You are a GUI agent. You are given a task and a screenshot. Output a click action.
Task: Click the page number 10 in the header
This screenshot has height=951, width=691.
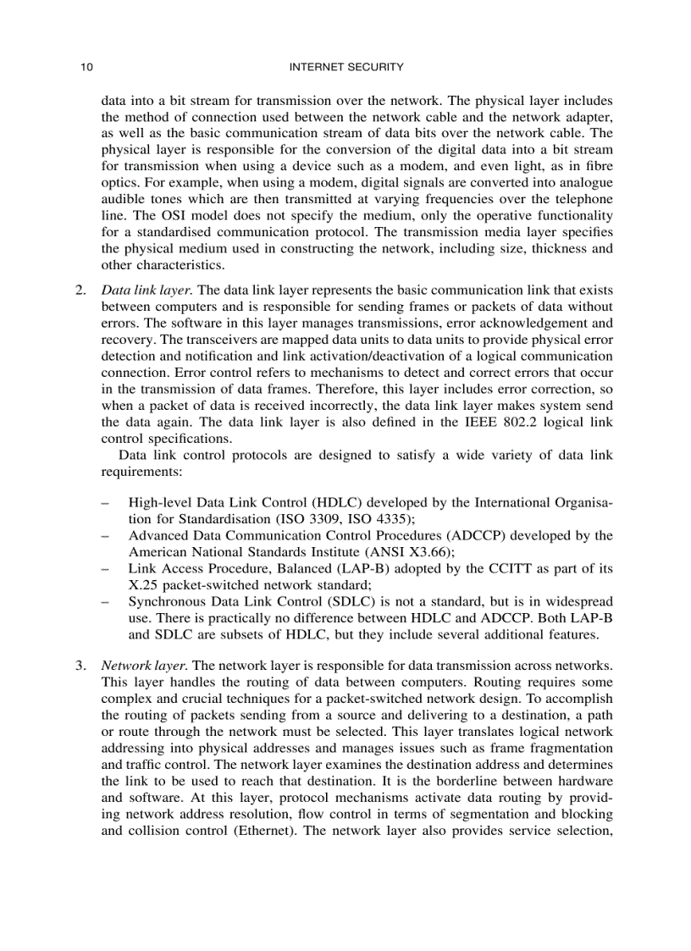coord(86,67)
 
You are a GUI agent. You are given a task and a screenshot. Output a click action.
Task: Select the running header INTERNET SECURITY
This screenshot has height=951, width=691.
coord(346,67)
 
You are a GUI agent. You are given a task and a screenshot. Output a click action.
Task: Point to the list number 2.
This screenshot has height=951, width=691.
coord(80,290)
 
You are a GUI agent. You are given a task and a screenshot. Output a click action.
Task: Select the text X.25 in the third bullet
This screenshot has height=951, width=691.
coord(142,585)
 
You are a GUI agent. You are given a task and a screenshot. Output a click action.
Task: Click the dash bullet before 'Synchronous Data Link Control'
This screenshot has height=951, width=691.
coord(104,602)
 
